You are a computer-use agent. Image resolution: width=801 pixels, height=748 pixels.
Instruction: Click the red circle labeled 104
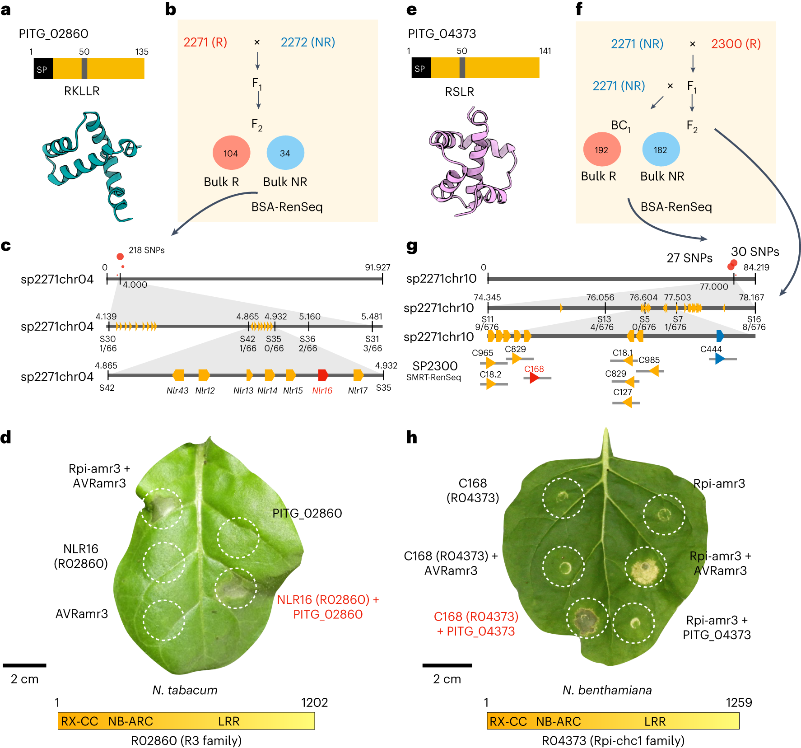231,153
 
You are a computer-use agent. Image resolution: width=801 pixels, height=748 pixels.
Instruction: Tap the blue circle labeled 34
285,153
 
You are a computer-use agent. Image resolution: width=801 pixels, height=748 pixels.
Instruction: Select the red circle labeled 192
601,150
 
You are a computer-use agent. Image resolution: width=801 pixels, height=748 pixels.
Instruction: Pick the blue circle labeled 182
661,150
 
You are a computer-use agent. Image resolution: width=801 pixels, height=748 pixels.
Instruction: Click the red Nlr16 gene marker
323,375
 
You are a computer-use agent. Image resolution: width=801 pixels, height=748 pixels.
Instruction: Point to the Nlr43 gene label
177,391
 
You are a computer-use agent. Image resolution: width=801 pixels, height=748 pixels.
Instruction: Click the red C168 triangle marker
535,378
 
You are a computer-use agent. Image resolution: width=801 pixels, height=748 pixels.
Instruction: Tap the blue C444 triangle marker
720,359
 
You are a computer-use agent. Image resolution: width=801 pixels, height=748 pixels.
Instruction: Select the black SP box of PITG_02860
43,69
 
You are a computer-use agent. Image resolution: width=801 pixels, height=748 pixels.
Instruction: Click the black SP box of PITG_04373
420,68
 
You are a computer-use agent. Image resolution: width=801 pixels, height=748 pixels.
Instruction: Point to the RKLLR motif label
82,91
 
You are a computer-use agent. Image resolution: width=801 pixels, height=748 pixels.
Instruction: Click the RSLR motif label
459,92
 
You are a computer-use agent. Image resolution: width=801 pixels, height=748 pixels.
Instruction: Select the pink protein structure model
472,163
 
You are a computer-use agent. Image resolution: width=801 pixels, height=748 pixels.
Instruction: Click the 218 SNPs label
146,250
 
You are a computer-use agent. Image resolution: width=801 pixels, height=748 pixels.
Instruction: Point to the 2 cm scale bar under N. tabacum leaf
24,665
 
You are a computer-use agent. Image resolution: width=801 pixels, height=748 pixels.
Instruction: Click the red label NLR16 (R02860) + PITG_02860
328,607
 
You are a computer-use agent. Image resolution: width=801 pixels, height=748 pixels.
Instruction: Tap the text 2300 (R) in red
736,44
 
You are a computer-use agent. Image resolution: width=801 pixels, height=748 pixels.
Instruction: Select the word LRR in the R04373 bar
655,722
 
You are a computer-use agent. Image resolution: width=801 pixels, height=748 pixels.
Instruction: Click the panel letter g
412,246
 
